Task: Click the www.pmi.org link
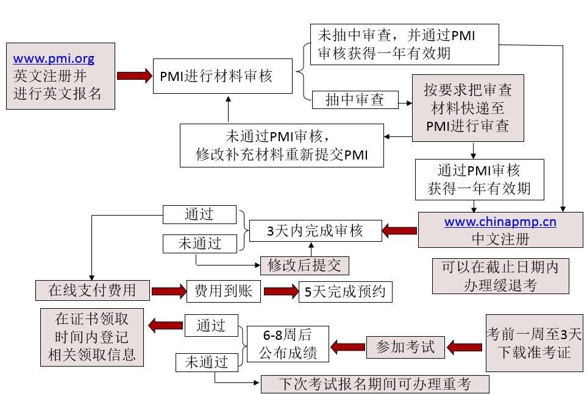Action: point(54,59)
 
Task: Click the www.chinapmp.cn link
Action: point(500,222)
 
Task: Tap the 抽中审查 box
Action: point(355,100)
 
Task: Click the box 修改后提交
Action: point(304,265)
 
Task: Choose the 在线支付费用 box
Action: point(92,290)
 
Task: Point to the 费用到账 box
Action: point(223,290)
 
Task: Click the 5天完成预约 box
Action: point(345,292)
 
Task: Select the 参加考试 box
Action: point(405,347)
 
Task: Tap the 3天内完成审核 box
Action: point(315,231)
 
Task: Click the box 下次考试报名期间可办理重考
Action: point(375,384)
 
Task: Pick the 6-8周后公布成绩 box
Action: point(287,343)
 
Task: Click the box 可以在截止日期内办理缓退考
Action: point(500,276)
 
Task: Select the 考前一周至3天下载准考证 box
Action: point(534,342)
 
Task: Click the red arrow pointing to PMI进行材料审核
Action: point(133,76)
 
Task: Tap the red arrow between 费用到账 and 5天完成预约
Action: point(280,292)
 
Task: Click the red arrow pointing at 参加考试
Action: point(464,347)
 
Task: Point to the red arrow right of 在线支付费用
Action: point(168,291)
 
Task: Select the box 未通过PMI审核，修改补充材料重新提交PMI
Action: point(282,145)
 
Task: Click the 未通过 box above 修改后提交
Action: point(199,244)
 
